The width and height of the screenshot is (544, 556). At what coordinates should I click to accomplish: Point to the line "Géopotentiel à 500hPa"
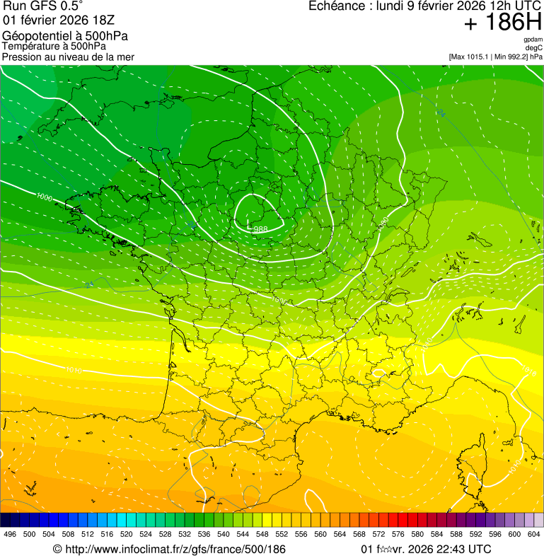tap(66, 36)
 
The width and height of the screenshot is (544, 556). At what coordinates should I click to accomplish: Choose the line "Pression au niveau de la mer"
tap(68, 57)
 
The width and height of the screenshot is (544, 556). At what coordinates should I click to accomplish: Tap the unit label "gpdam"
tap(533, 40)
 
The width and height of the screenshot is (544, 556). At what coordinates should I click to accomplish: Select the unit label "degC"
tap(534, 48)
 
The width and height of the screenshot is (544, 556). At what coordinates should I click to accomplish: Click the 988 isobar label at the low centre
tap(260, 229)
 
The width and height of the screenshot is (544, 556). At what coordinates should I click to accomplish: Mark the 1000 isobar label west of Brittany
tap(44, 197)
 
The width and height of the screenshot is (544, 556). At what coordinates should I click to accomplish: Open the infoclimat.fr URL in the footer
tap(169, 549)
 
